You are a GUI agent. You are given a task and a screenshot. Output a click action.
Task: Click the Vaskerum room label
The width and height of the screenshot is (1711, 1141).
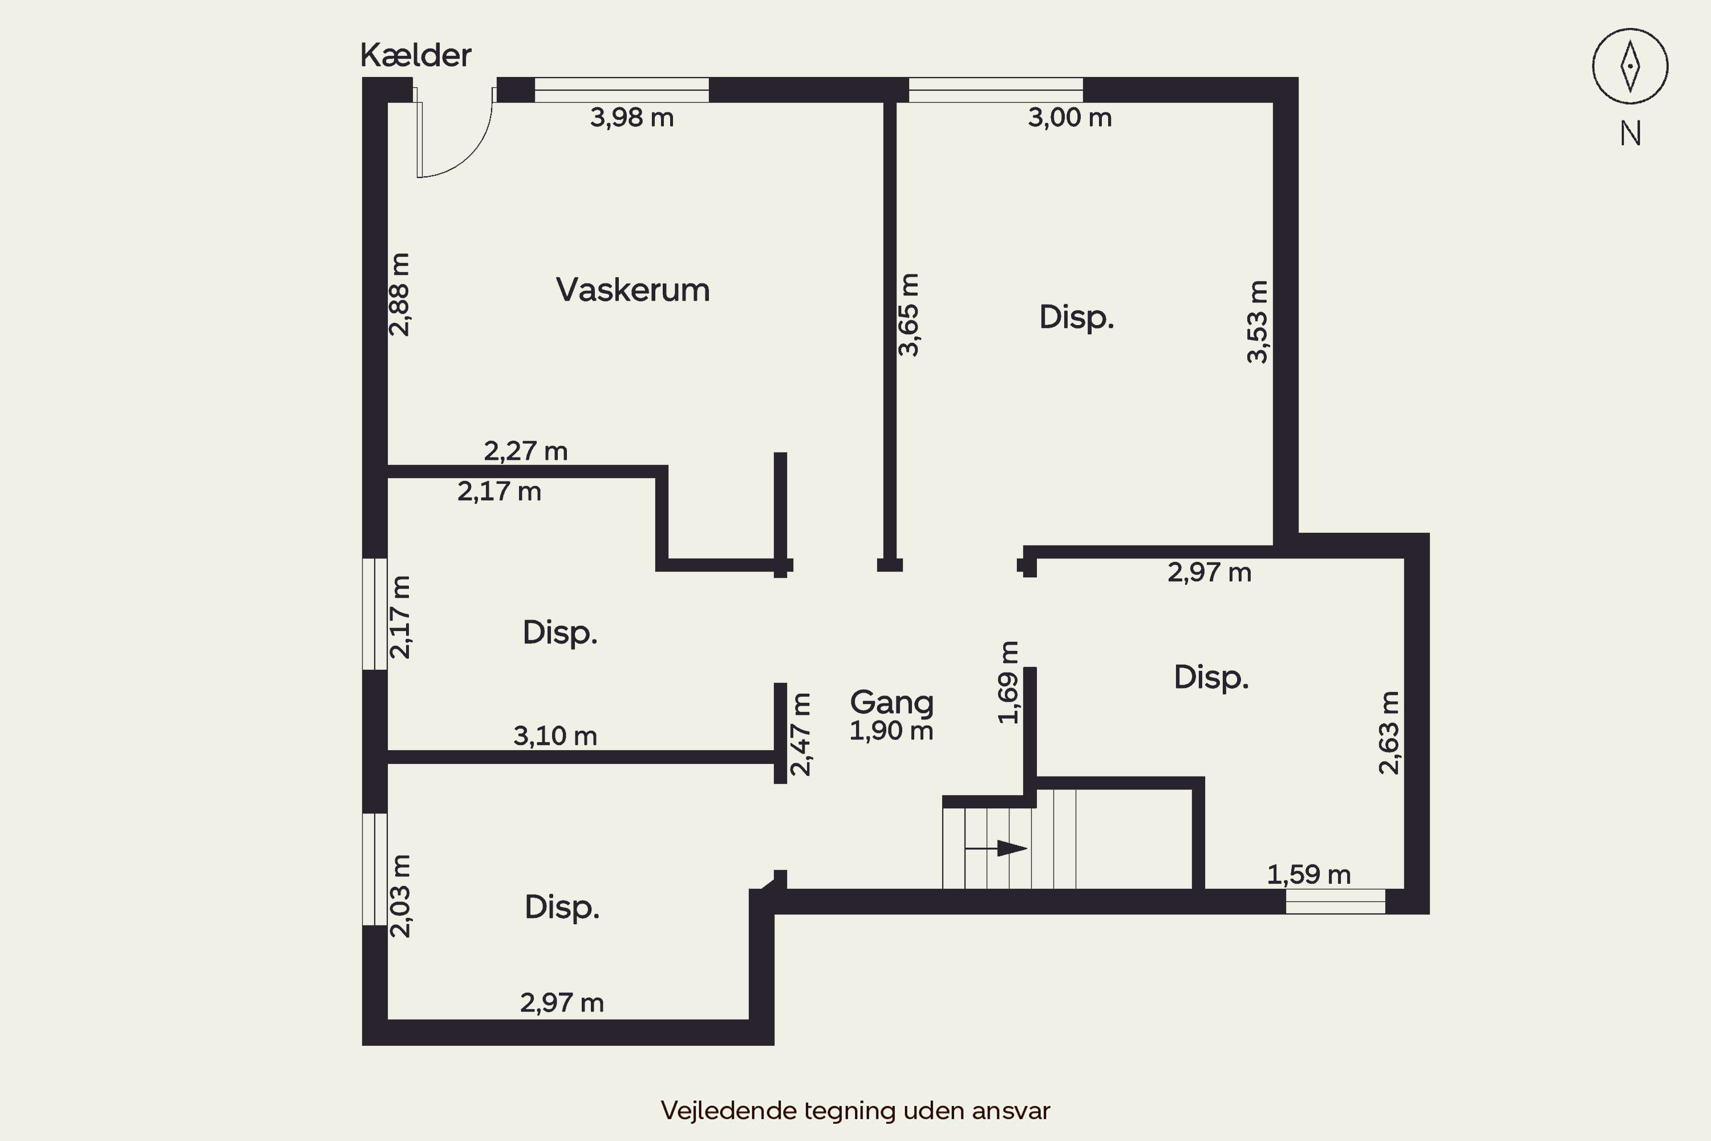point(633,290)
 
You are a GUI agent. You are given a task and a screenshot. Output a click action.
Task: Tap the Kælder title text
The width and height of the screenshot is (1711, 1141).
point(415,55)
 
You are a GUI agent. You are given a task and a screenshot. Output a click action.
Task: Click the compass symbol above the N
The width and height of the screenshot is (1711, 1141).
point(1630,66)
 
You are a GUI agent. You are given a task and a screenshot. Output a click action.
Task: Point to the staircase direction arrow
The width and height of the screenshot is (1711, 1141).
point(996,848)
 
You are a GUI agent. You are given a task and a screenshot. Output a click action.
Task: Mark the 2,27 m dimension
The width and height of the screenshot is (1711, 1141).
point(525,451)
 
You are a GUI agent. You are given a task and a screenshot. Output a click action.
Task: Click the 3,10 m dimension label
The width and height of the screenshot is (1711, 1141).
point(555,736)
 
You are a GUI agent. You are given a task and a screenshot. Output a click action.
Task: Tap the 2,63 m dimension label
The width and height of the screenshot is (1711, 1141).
point(1389,733)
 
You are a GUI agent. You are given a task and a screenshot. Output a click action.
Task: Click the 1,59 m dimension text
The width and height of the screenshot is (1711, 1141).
point(1309,875)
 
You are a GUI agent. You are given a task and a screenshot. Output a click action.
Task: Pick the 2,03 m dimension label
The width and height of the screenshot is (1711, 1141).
point(400,896)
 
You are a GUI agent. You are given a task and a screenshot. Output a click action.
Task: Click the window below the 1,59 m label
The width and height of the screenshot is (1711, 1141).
point(1336,901)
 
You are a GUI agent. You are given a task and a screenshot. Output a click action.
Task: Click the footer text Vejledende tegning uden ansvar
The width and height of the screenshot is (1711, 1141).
point(855,1110)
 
